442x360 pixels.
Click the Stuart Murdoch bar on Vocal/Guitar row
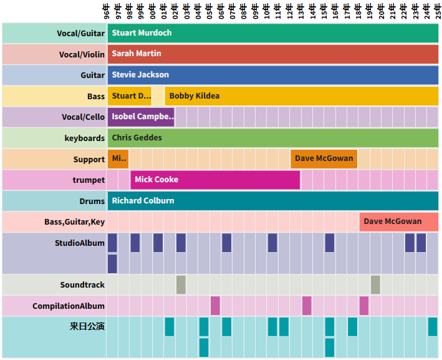coord(272,33)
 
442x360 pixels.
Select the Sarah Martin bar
coord(272,54)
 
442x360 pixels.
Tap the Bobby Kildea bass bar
coord(302,96)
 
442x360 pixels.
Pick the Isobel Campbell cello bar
coord(142,117)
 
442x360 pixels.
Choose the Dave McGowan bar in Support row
coord(324,158)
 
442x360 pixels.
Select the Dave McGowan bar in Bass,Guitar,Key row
coord(398,221)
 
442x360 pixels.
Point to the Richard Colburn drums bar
coord(272,201)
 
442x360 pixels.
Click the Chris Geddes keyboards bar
coord(272,138)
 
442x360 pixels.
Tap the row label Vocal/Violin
coord(82,54)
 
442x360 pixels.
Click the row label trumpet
coord(89,180)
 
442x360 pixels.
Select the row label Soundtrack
coord(82,285)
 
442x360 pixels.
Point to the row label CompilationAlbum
coord(69,306)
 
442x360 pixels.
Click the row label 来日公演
coord(87,326)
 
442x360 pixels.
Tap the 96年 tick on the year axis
coord(107,11)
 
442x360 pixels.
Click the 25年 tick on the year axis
coord(438,11)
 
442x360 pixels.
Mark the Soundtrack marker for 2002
coord(181,285)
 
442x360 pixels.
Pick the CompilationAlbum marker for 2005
coord(215,306)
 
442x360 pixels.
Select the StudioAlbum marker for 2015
coord(329,243)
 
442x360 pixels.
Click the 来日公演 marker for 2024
coord(433,326)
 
